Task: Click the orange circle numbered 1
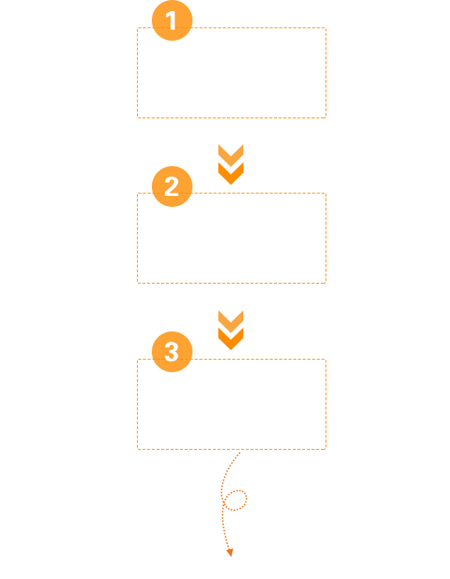click(172, 20)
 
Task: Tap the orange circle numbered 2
click(172, 186)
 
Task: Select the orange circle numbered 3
click(172, 352)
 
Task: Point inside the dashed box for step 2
click(232, 244)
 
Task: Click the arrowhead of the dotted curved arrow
click(230, 553)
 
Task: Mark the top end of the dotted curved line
click(239, 452)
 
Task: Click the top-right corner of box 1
click(326, 27)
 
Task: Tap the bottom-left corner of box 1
click(138, 118)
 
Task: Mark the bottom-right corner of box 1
click(326, 118)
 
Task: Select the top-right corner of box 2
click(326, 193)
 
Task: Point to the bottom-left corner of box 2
click(138, 283)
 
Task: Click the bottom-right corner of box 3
click(326, 449)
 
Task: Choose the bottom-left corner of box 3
click(138, 449)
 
